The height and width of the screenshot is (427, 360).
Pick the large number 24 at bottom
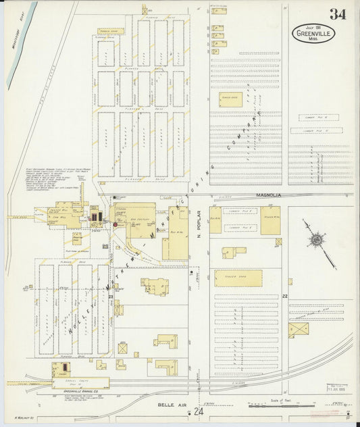[198, 411]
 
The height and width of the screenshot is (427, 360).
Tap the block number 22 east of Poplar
[285, 296]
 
